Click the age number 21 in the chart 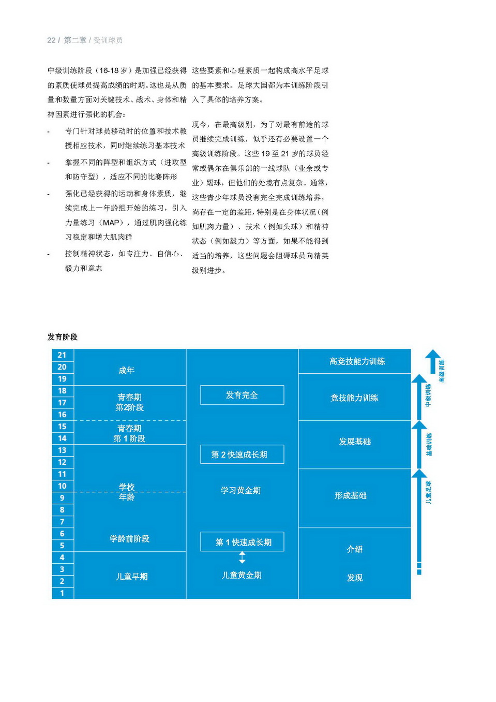(62, 355)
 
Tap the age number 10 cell (62, 486)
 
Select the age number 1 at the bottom (62, 593)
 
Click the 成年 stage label (126, 370)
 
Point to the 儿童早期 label (131, 576)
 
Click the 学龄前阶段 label (129, 538)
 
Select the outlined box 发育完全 (242, 395)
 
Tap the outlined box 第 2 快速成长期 (242, 455)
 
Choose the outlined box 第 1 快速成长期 (242, 542)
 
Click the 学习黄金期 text (241, 490)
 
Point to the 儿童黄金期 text (242, 575)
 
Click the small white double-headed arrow (242, 558)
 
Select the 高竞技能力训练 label (357, 361)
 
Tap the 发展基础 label (355, 442)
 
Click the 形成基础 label (351, 495)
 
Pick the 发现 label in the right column (355, 578)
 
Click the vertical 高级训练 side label (442, 371)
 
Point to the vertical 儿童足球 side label (428, 493)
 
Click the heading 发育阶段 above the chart (63, 337)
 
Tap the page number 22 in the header (51, 40)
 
